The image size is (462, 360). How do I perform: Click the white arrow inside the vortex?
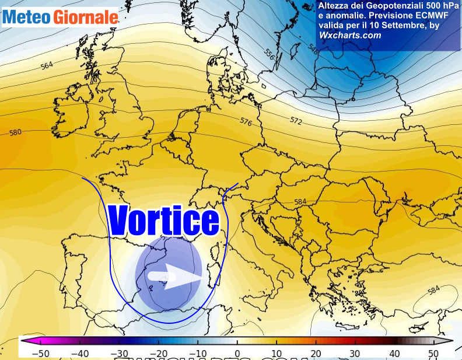pyautogui.click(x=175, y=276)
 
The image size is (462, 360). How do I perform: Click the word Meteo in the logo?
pyautogui.click(x=26, y=18)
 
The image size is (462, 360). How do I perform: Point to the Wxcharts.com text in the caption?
pyautogui.click(x=350, y=36)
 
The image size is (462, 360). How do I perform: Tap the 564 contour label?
pyautogui.click(x=47, y=66)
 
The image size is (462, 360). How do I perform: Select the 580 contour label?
pyautogui.click(x=16, y=132)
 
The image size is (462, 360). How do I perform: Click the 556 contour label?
pyautogui.click(x=269, y=54)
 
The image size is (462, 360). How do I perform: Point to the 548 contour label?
pyautogui.click(x=313, y=51)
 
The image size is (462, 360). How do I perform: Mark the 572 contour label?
pyautogui.click(x=296, y=120)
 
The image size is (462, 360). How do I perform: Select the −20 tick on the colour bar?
pyautogui.click(x=158, y=352)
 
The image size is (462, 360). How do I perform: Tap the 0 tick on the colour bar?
pyautogui.click(x=237, y=352)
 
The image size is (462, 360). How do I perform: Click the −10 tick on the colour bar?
pyautogui.click(x=198, y=352)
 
